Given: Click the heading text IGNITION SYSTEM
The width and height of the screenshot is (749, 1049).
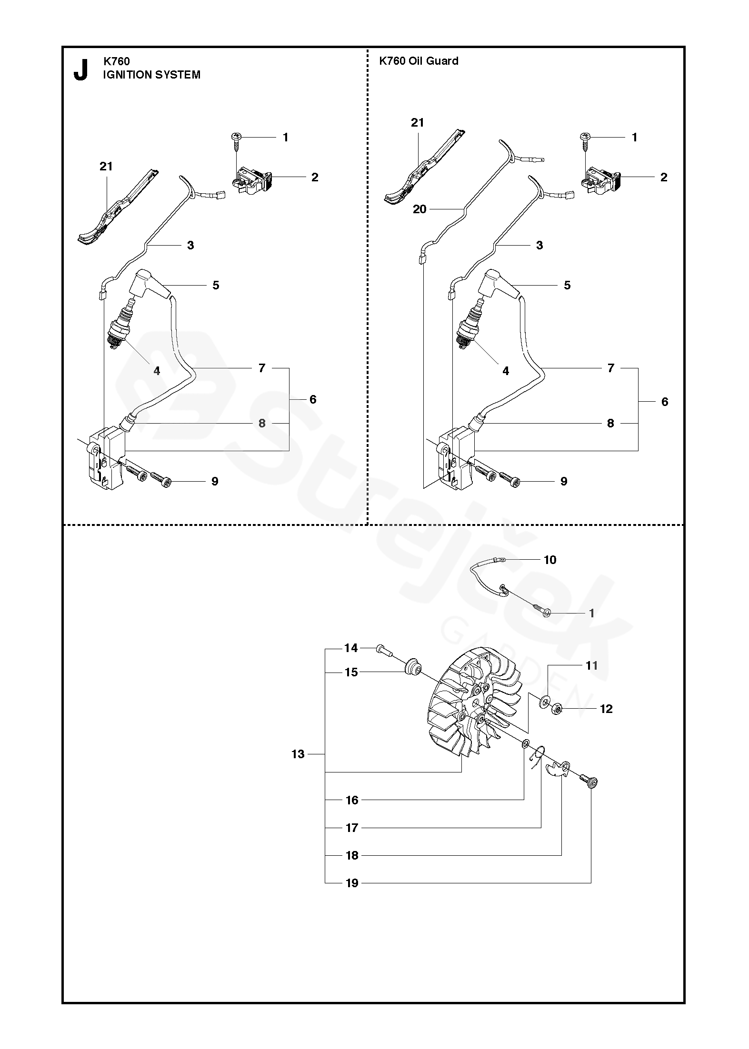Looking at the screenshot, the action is click(x=152, y=75).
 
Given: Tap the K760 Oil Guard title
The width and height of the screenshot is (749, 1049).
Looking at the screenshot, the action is click(x=419, y=60).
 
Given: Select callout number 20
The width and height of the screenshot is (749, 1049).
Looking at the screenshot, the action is click(x=419, y=209).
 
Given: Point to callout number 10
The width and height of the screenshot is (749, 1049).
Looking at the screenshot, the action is click(x=550, y=560).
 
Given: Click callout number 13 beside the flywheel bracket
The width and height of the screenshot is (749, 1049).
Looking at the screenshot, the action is click(x=298, y=754).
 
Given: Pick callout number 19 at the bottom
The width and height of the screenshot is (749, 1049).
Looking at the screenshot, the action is click(x=352, y=883).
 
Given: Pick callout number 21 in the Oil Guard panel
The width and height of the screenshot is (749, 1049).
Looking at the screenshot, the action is click(x=418, y=123).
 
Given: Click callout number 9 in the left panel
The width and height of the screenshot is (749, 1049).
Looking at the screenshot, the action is click(x=215, y=481).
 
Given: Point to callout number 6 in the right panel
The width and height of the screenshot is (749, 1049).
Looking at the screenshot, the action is click(x=665, y=402).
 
